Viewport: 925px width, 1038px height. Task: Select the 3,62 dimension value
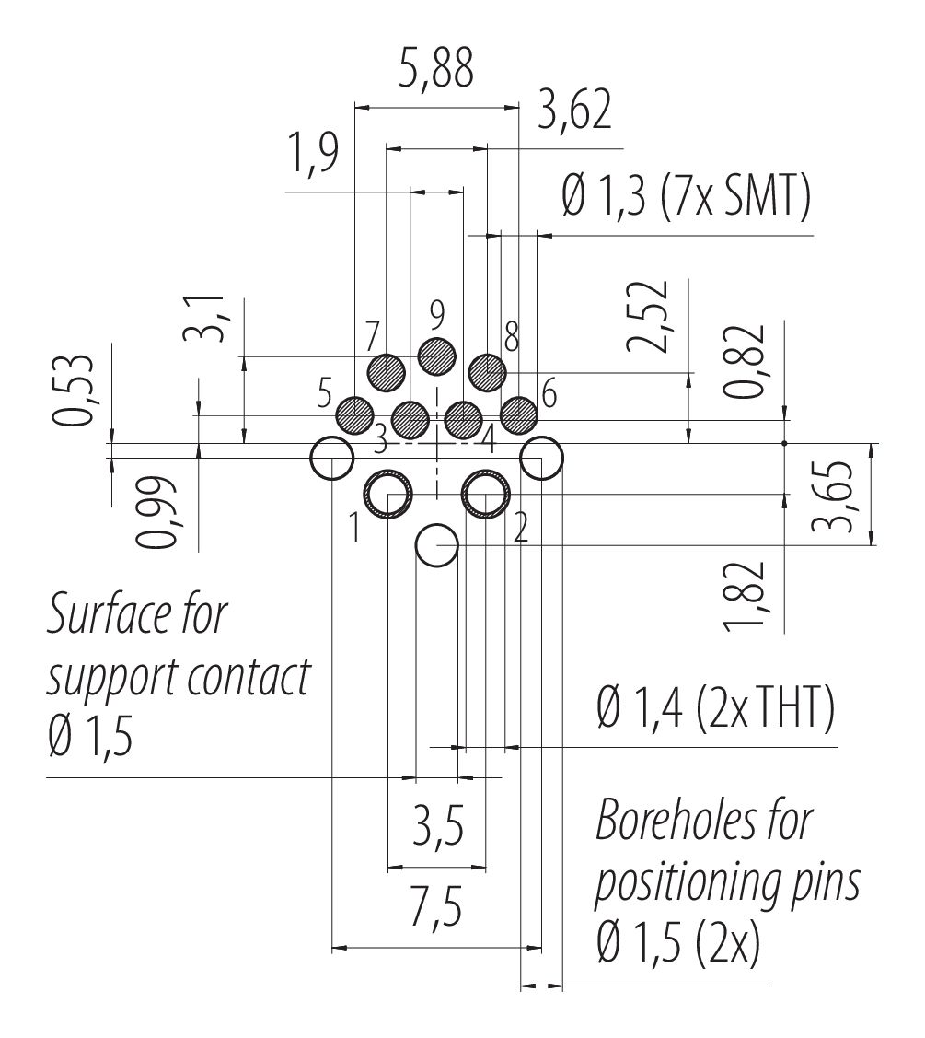[574, 112]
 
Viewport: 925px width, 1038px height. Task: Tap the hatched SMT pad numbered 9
[437, 355]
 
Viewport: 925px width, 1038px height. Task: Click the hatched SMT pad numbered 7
[386, 372]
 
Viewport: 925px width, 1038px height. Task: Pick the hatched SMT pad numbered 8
[488, 372]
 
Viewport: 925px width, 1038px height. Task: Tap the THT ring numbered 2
[487, 495]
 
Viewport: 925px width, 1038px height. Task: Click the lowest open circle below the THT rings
[436, 545]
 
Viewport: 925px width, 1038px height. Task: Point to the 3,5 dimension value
[436, 823]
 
